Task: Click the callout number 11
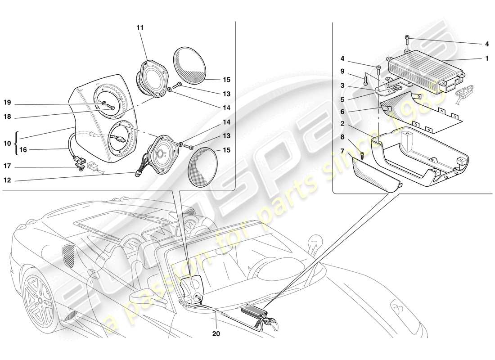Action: [x=140, y=28]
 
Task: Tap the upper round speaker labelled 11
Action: [x=152, y=78]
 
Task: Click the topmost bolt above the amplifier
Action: [x=407, y=38]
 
